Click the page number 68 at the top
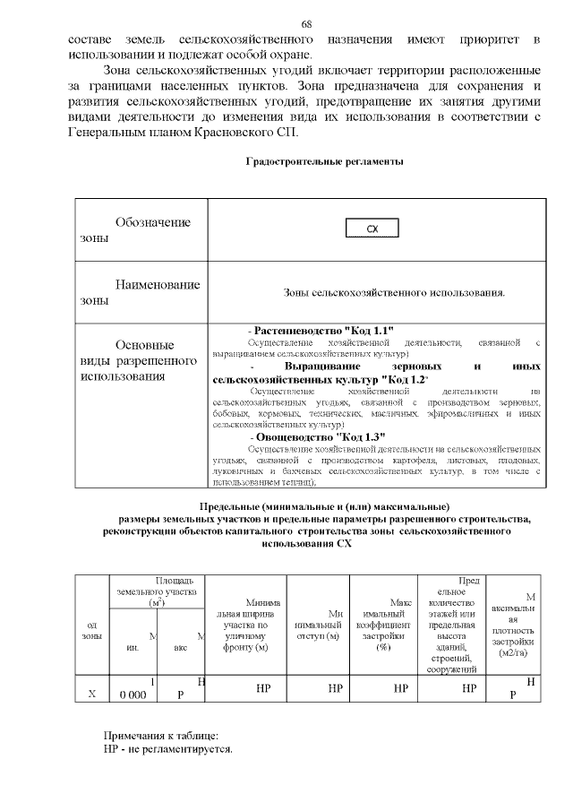(x=306, y=23)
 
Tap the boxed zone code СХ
(x=372, y=229)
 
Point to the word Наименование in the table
(x=157, y=284)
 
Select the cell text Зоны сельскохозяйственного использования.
(x=394, y=292)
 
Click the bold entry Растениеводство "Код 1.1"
(x=321, y=331)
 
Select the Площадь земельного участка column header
(x=155, y=591)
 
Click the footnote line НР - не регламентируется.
(x=167, y=750)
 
